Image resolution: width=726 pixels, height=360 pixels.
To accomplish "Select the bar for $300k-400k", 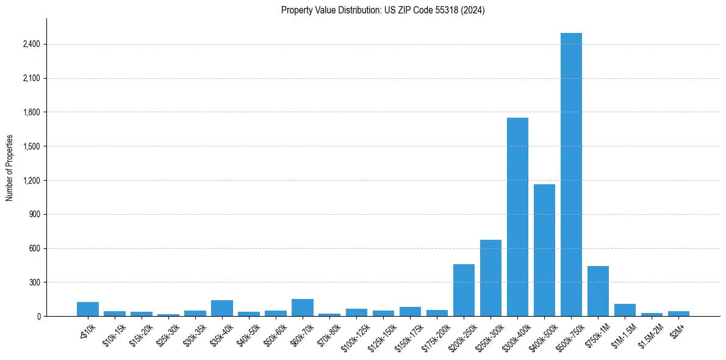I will pyautogui.click(x=517, y=217).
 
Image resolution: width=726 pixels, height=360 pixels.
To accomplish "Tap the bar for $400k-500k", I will pyautogui.click(x=544, y=250).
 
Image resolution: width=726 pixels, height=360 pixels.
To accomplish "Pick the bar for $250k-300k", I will pyautogui.click(x=491, y=278).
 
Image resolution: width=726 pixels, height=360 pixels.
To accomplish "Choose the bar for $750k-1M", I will pyautogui.click(x=598, y=291).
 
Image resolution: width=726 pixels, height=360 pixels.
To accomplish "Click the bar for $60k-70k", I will pyautogui.click(x=303, y=308).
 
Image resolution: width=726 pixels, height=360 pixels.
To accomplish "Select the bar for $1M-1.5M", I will pyautogui.click(x=625, y=310).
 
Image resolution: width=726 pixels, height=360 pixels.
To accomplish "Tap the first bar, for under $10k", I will pyautogui.click(x=88, y=309).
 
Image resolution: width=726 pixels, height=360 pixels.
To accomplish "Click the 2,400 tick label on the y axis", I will pyautogui.click(x=32, y=45).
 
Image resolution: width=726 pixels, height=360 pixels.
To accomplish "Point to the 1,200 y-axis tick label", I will pyautogui.click(x=32, y=181).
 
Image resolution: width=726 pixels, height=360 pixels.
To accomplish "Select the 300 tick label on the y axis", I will pyautogui.click(x=34, y=283).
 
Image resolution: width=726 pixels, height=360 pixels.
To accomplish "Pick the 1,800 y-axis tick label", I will pyautogui.click(x=32, y=112).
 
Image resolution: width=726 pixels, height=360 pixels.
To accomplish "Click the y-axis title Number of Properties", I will pyautogui.click(x=9, y=168).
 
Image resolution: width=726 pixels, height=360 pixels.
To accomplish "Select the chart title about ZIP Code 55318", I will pyautogui.click(x=383, y=10).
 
